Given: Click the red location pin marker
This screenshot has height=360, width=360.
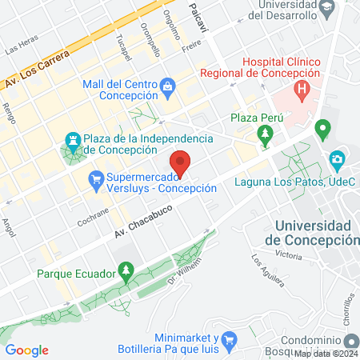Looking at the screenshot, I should [x=182, y=163].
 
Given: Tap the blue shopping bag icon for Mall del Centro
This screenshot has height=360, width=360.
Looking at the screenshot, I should [x=167, y=86].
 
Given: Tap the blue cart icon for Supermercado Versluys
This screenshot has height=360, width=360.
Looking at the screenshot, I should [x=96, y=178].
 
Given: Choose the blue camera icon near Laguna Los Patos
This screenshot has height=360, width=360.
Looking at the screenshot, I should [x=338, y=158].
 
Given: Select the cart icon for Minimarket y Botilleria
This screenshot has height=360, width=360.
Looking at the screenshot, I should [x=228, y=340].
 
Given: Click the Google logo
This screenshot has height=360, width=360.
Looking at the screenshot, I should [x=26, y=350].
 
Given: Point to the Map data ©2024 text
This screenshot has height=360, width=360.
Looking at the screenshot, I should [x=326, y=354].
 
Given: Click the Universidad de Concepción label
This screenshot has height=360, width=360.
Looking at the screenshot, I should [x=312, y=234].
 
